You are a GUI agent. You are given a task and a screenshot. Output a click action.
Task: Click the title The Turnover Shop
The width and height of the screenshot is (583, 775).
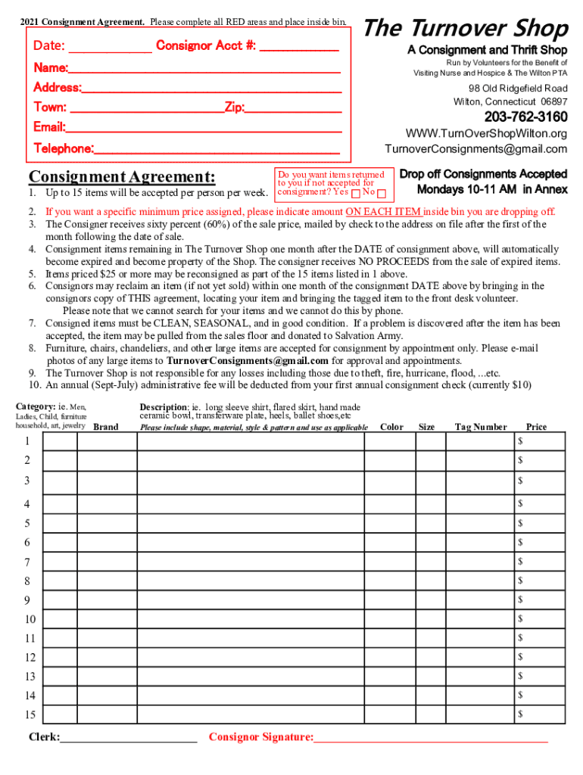point(466,29)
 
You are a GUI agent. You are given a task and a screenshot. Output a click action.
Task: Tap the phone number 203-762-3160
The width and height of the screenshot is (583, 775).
point(525,117)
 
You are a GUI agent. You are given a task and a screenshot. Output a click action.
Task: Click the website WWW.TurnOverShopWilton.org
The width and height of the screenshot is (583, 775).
point(486,133)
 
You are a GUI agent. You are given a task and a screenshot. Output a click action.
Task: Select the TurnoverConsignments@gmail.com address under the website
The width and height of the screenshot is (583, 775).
point(475,148)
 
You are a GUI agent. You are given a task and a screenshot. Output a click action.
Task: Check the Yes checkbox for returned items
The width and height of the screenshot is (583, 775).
point(356,193)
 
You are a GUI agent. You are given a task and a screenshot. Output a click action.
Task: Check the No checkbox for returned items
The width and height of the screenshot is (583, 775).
point(382,193)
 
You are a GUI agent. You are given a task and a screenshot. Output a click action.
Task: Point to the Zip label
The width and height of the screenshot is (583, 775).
point(234,107)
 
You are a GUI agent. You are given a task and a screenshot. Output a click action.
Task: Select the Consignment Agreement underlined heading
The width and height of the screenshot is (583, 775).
point(122,177)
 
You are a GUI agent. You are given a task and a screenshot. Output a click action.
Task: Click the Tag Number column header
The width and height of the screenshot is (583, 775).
point(481,427)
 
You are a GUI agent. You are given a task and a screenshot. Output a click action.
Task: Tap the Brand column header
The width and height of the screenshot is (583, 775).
point(105,427)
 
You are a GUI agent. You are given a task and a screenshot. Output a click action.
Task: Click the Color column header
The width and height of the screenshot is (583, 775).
point(391,427)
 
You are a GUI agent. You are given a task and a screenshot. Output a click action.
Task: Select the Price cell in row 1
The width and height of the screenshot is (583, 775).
point(540,441)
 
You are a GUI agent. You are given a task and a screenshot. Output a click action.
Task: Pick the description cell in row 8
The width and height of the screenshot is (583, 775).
point(250,581)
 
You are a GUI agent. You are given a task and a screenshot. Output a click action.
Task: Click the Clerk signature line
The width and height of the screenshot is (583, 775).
point(129,737)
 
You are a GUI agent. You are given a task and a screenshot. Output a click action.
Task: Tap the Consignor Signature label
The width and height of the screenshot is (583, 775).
point(260,737)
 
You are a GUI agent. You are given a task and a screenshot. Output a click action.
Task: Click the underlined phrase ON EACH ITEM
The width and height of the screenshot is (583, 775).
point(383,212)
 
